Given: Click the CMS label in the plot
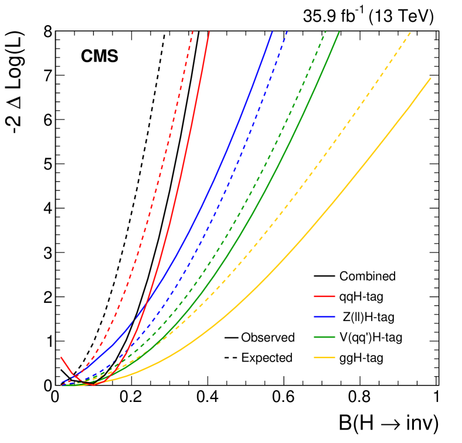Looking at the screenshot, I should [99, 57].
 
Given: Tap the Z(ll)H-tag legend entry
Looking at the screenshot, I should [369, 317].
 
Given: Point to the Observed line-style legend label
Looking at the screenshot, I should [268, 338].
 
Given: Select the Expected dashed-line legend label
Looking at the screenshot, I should [267, 357].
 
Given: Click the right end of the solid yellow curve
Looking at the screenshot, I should [431, 78].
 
